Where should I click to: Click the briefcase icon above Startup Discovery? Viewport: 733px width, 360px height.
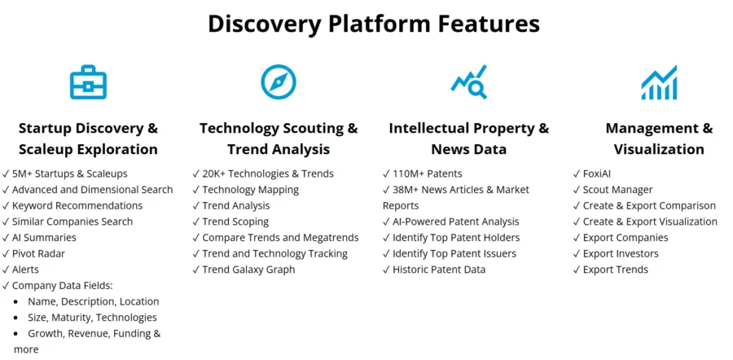click(88, 82)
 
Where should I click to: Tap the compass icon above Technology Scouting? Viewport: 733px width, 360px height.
click(279, 81)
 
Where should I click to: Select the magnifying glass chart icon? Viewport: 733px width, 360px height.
click(469, 81)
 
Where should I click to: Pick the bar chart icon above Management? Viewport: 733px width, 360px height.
click(659, 82)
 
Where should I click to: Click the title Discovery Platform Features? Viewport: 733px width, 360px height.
click(374, 24)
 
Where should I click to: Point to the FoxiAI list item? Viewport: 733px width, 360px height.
click(592, 174)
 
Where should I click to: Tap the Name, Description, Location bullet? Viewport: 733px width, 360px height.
click(93, 301)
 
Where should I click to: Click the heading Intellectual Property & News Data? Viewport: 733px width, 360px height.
click(469, 138)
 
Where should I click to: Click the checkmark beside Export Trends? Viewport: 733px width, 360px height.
click(577, 270)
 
